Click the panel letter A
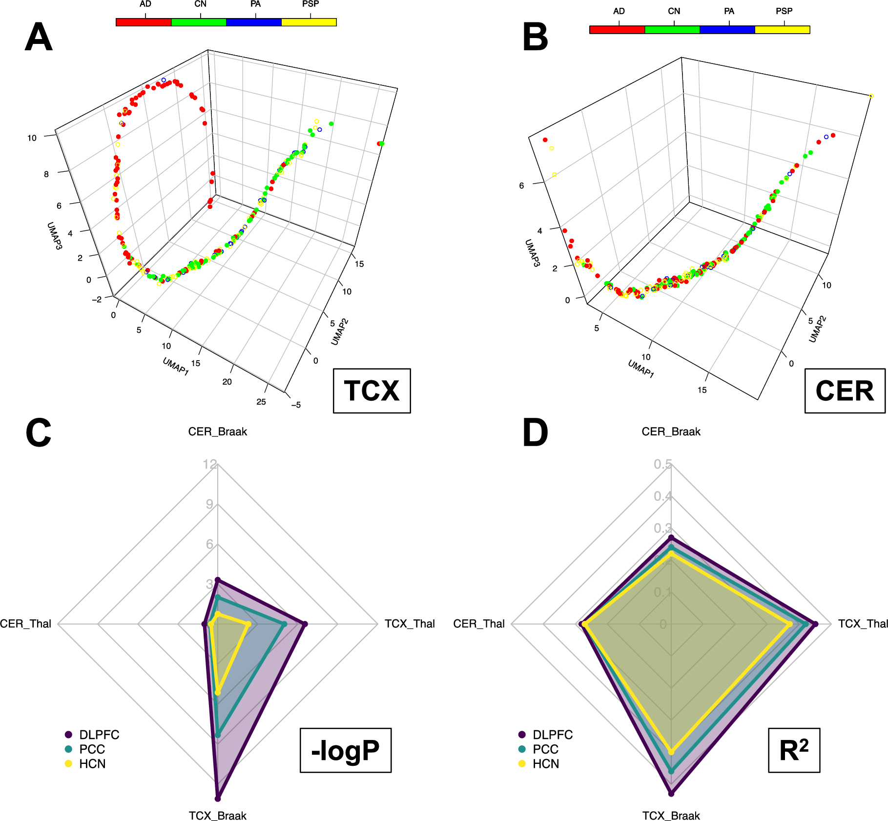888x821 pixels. coord(39,38)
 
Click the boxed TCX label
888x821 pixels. coord(372,391)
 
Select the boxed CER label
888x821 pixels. coord(845,391)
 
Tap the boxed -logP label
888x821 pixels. coord(345,750)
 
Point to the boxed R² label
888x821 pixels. coord(794,750)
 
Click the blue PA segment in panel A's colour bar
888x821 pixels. coord(254,22)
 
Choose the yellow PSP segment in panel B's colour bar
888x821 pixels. coord(782,30)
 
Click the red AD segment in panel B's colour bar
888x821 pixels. coord(617,30)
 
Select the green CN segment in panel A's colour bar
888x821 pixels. coord(199,22)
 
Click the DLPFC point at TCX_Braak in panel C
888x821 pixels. coord(218,799)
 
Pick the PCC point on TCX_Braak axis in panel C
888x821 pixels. coord(218,735)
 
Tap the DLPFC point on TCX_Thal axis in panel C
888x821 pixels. coord(305,624)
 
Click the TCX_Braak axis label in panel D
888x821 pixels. coord(671,816)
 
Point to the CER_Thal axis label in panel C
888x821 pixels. coord(25,624)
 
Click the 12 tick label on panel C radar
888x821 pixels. coord(210,464)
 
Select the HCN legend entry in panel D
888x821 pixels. coord(545,764)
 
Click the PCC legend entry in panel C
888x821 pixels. coord(92,749)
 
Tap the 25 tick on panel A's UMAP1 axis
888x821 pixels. coord(261,402)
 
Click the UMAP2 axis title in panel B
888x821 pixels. coord(817,329)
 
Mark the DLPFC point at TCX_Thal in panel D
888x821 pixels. coord(815,624)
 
